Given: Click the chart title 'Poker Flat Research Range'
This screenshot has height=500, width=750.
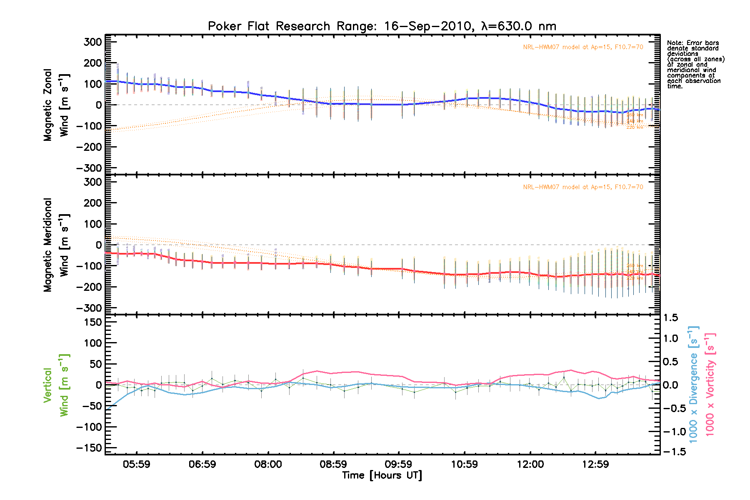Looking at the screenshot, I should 382,26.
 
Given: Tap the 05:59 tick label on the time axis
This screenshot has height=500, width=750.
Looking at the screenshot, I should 137,464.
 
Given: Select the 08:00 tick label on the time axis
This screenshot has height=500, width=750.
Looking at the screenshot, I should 268,464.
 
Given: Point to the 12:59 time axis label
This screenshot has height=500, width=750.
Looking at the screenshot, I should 595,464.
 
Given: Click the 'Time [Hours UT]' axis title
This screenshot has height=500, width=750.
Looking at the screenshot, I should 382,475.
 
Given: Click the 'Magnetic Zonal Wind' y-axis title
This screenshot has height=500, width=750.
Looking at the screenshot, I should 56,105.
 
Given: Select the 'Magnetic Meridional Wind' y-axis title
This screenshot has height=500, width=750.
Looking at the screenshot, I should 56,245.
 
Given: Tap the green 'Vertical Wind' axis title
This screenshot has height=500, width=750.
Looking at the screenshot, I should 56,385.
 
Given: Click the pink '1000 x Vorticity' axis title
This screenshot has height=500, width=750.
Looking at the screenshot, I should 710,385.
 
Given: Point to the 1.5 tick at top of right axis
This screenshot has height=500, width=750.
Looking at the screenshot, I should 670,318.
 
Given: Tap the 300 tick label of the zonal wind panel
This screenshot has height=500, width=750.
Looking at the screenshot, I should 92,42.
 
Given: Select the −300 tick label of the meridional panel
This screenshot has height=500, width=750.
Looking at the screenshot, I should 89,308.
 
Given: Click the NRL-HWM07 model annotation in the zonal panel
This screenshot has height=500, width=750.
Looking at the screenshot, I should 583,47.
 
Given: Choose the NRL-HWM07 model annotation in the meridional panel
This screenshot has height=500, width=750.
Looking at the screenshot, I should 583,187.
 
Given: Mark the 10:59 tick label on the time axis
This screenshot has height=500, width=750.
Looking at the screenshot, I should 464,464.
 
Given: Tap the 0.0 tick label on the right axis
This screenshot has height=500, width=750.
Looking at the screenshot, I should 670,385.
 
